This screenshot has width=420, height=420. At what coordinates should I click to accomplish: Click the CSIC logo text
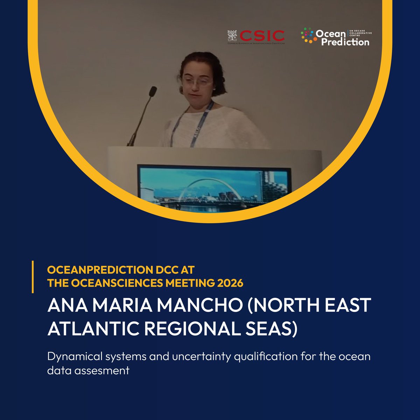[262, 35]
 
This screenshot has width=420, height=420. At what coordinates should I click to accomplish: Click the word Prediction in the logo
[345, 42]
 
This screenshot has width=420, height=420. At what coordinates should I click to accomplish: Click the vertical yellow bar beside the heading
[33, 276]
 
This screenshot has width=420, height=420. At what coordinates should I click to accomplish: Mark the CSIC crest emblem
[232, 36]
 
